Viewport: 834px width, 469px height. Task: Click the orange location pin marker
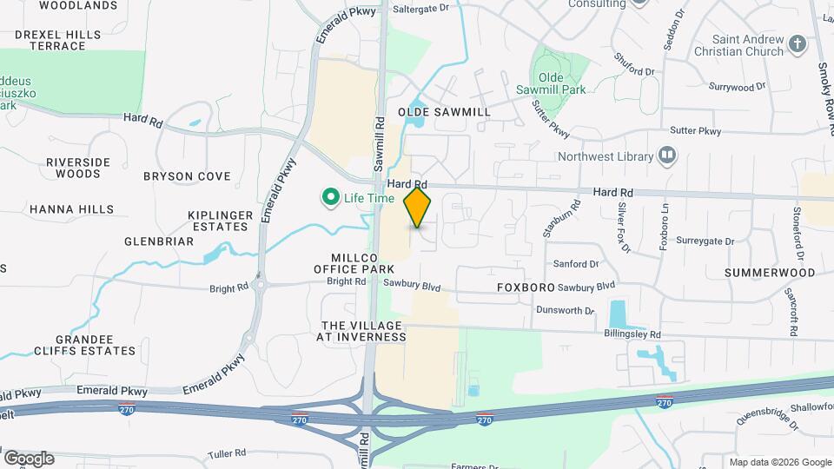418,207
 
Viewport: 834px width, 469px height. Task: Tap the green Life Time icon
330,198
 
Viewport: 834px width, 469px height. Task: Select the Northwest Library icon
667,156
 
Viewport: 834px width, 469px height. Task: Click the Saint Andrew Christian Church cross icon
798,44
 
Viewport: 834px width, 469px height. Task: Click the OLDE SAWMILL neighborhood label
444,112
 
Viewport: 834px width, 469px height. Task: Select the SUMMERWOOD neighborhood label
771,273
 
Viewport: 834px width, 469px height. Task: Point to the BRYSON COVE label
187,176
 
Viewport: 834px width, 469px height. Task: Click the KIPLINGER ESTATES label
221,221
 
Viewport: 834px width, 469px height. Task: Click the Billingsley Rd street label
632,334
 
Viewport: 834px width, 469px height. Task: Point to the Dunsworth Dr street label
565,310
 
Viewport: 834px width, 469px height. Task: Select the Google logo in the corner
29,458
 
